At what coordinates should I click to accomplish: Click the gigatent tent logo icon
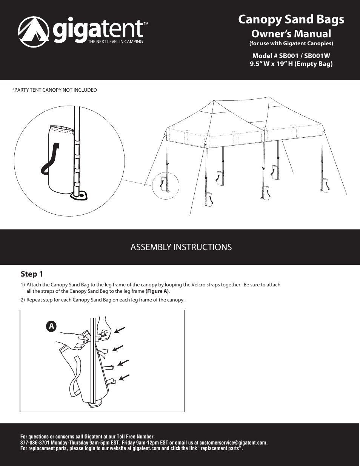pos(34,32)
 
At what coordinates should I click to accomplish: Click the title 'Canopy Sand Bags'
pos(291,19)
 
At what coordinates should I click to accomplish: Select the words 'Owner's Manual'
pos(291,34)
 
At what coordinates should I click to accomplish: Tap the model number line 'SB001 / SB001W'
pos(291,55)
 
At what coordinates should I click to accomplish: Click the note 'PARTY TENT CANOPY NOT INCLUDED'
pos(55,90)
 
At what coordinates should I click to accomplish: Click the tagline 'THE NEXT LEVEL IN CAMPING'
pos(115,42)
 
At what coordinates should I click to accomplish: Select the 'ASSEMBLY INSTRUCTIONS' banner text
pos(181,247)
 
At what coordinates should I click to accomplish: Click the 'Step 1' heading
pos(32,274)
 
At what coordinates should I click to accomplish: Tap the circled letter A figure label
pos(51,326)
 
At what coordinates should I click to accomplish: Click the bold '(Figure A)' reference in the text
pos(157,291)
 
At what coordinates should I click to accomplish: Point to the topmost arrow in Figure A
pos(120,331)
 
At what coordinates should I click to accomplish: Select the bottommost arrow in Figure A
pos(124,377)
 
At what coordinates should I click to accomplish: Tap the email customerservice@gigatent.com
pos(233,443)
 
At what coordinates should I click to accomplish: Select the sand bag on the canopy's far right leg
pos(325,185)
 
